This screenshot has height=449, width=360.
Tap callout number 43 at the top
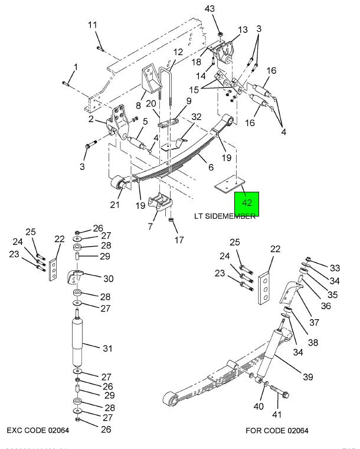point(210,9)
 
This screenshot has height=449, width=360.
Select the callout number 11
point(92,25)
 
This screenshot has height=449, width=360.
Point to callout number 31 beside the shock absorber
point(107,349)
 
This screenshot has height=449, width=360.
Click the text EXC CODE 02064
point(38,430)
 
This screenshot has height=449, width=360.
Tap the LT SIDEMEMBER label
point(225,216)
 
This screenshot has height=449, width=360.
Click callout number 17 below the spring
point(179,240)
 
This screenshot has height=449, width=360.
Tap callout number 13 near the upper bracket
point(243,30)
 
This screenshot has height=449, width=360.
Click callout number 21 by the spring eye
point(115,204)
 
